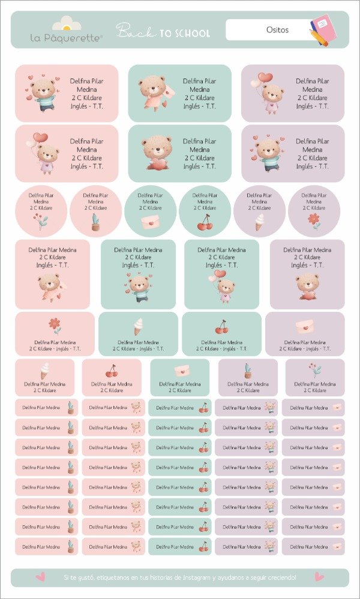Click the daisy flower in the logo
[67, 25]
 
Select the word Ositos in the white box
[277, 29]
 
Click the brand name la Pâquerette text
[67, 38]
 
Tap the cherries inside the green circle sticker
[205, 223]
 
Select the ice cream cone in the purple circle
[259, 222]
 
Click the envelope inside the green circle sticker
[150, 222]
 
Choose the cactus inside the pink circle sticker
[95, 222]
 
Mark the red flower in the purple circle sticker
[314, 220]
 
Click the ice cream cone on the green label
[139, 326]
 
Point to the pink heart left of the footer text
[41, 577]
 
